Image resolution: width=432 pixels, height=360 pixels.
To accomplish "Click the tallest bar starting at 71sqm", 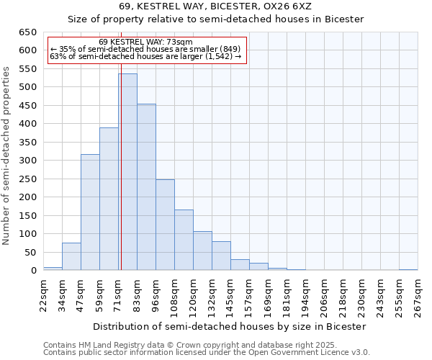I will coord(128,172).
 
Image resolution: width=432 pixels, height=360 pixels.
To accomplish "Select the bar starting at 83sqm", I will coord(147,187).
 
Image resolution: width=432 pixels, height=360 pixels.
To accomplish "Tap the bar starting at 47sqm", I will coord(90,212).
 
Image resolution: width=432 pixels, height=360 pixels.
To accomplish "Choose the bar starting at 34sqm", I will coord(71,256).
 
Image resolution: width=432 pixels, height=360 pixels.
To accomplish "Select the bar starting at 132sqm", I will coord(222,256).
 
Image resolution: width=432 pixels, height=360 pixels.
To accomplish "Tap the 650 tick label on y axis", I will coord(27,32).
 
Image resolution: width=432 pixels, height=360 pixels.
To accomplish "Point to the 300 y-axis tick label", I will coord(27,161).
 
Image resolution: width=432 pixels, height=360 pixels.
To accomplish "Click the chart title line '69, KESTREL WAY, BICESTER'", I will coord(215,6).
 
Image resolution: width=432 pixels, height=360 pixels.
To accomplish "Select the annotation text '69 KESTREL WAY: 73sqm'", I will coord(146,42).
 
